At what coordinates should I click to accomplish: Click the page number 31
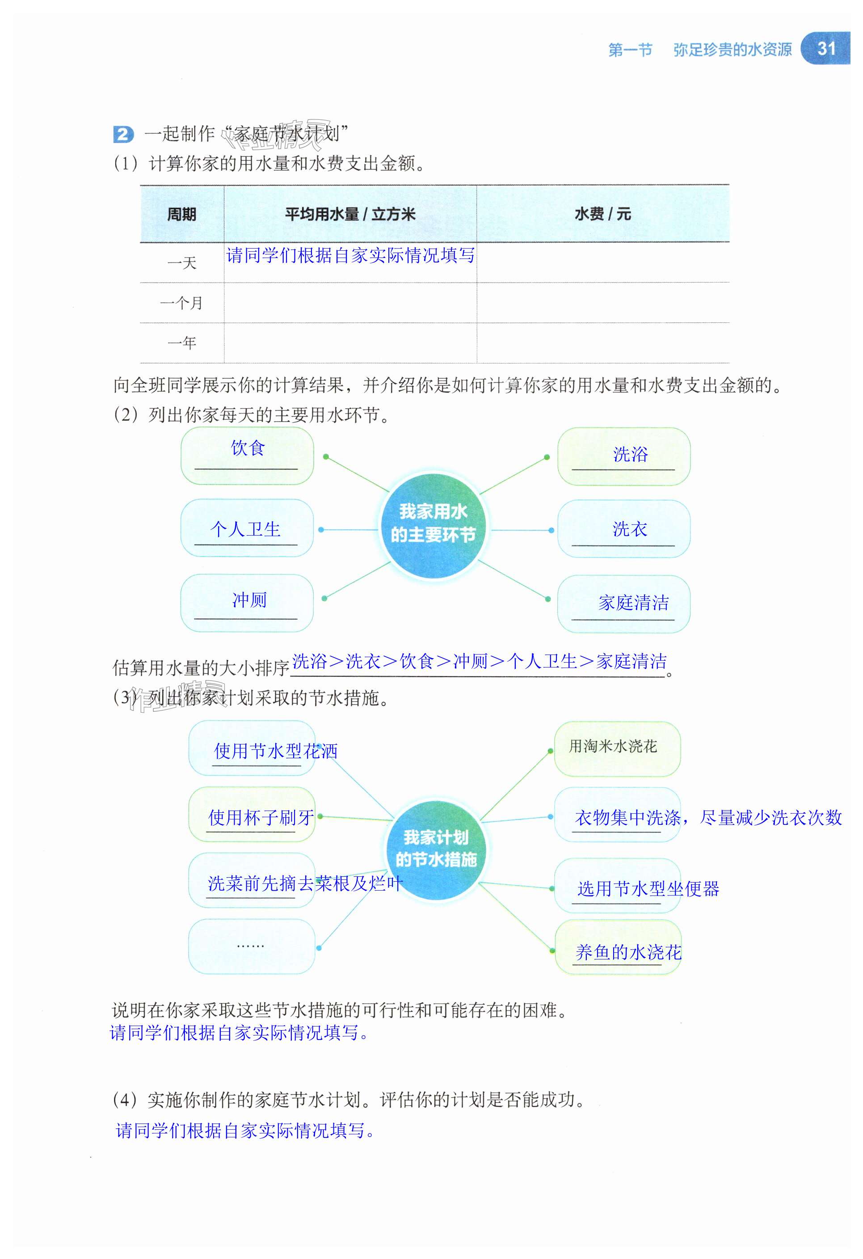click(x=826, y=49)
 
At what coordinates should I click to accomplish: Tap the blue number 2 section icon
click(x=123, y=134)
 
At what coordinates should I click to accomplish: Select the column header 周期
click(x=182, y=215)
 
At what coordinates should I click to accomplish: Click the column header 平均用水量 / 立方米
click(x=350, y=215)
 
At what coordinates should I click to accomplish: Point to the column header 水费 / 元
click(x=602, y=214)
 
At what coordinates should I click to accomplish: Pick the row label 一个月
click(x=182, y=303)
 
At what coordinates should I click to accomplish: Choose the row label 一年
click(x=182, y=343)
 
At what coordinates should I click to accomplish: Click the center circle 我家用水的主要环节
click(x=433, y=524)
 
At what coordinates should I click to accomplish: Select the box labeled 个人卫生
click(x=247, y=528)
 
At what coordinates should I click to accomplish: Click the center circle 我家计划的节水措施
click(x=436, y=849)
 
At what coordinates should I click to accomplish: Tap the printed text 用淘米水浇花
click(x=613, y=747)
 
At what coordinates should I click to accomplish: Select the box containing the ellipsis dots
click(x=251, y=946)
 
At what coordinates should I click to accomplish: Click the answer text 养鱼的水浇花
click(x=628, y=952)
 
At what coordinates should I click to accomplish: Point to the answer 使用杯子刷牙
click(x=261, y=817)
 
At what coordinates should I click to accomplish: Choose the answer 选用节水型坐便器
click(x=648, y=888)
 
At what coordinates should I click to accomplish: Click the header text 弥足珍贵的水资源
click(x=732, y=50)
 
